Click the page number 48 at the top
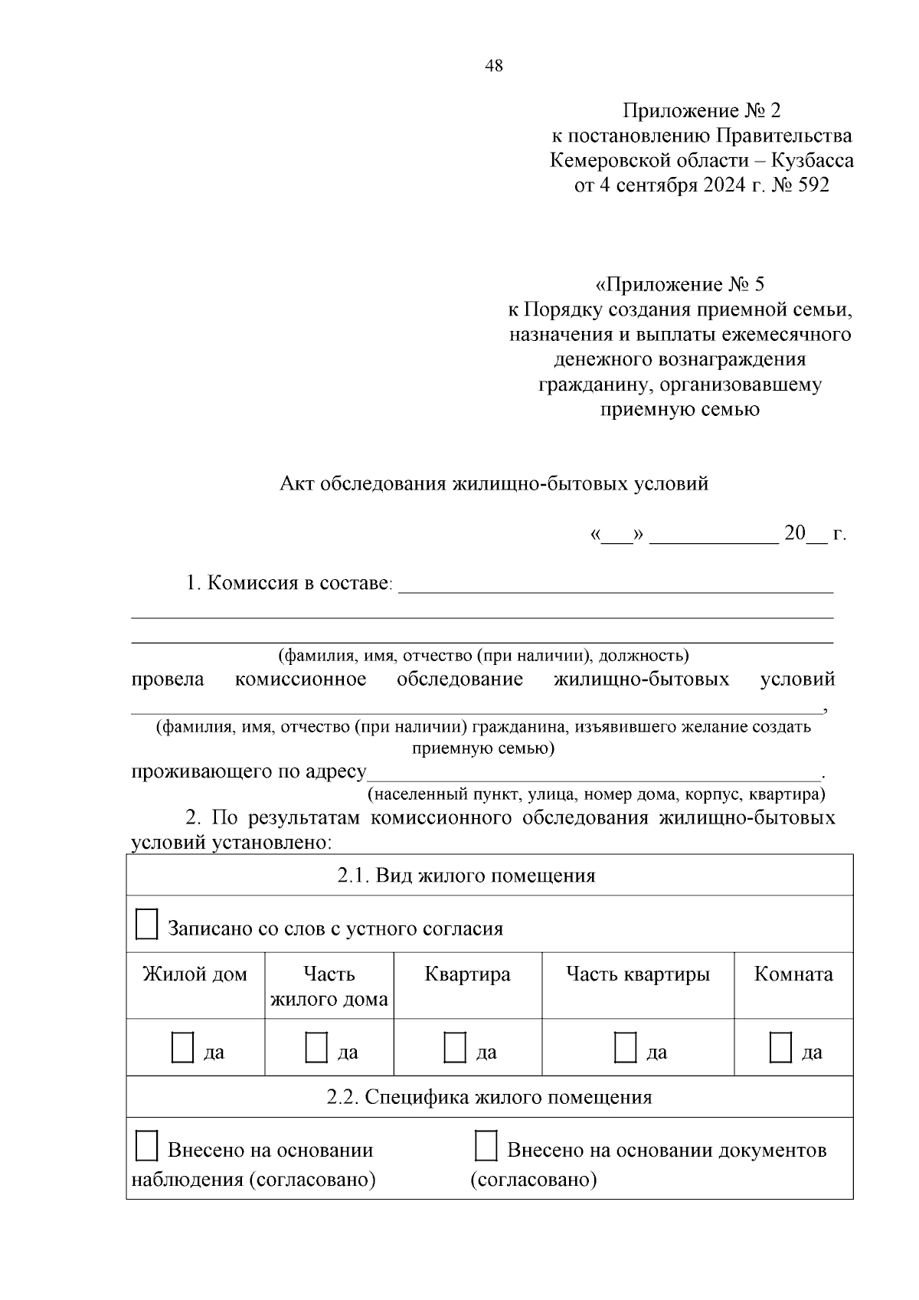(494, 66)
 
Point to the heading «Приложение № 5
(679, 285)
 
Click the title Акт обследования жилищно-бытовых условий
(494, 484)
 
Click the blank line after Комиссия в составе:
(616, 585)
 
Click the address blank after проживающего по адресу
(594, 772)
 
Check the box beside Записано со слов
(146, 925)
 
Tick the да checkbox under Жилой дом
(182, 1047)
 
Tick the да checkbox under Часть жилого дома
(316, 1047)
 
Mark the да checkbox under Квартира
(455, 1047)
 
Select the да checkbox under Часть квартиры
(625, 1047)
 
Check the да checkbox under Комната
(780, 1047)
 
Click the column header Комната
(793, 974)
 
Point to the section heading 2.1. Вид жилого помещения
(466, 876)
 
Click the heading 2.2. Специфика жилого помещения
(489, 1097)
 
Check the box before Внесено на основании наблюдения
(146, 1146)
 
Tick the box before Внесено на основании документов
(486, 1146)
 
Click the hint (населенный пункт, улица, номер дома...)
(596, 794)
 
